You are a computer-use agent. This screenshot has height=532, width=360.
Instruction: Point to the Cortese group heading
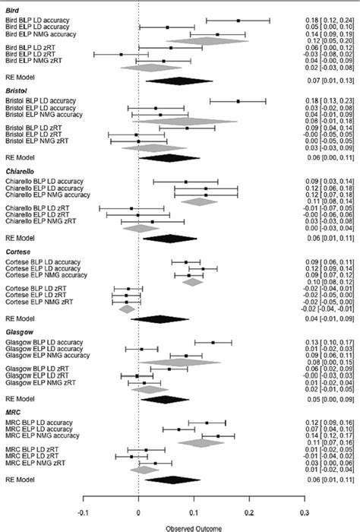[x=17, y=252]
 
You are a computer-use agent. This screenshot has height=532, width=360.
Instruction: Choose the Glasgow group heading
[x=18, y=332]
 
